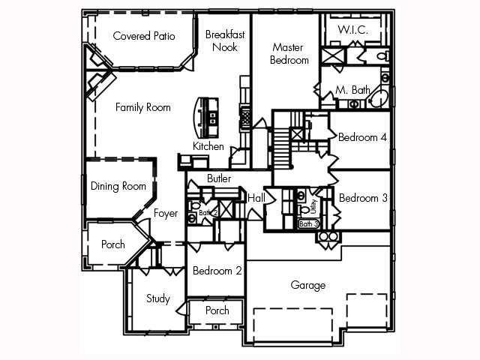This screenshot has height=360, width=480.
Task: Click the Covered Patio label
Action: (x=143, y=35)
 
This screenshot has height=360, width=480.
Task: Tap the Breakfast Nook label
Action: (x=223, y=40)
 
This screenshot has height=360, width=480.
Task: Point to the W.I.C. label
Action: (x=352, y=30)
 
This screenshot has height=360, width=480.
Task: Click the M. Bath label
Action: (x=352, y=90)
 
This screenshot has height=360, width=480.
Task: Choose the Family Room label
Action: (x=142, y=107)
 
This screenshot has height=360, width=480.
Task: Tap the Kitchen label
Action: (x=208, y=146)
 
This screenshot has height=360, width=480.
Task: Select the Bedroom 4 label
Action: (x=362, y=137)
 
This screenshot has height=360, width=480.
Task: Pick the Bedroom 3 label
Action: (x=362, y=199)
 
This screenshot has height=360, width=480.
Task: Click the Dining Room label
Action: (x=118, y=186)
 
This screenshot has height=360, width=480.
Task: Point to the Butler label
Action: (x=219, y=178)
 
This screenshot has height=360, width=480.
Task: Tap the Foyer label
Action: (x=166, y=214)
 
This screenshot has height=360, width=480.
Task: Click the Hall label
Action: (x=256, y=197)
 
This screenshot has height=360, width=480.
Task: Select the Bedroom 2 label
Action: (x=217, y=271)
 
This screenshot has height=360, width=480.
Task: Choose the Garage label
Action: (x=308, y=285)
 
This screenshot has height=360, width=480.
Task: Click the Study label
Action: (x=157, y=298)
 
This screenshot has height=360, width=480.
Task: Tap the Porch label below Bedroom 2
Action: (x=217, y=310)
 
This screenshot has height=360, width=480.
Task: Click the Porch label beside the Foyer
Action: (x=113, y=244)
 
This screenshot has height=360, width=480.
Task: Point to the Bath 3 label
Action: (x=309, y=223)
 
